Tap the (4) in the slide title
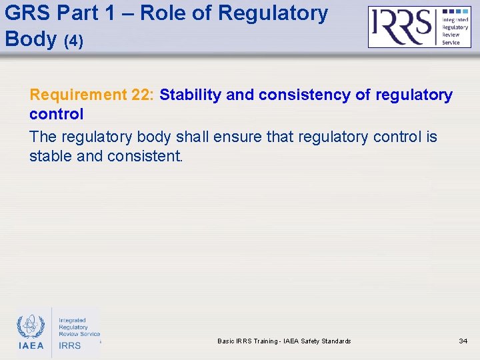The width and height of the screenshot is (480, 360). [73, 41]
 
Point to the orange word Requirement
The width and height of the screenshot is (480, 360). [79, 95]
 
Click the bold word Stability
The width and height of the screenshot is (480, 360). [191, 95]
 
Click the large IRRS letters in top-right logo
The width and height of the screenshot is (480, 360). [402, 27]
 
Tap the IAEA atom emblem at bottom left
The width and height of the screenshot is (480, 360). [31, 326]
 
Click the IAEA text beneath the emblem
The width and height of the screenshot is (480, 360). [31, 345]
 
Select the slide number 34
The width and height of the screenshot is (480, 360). [463, 341]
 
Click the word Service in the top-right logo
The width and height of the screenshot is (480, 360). [451, 42]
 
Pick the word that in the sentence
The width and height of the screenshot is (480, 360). [280, 137]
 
